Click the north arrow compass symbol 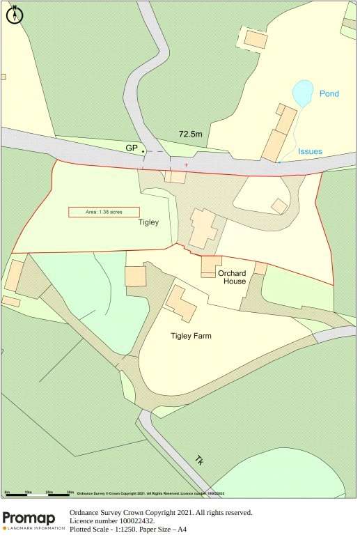[15, 15]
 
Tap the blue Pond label [329, 93]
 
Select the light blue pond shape [302, 93]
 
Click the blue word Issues [310, 151]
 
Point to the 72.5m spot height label [190, 134]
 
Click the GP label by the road [131, 148]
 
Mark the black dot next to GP [143, 151]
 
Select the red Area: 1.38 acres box [104, 212]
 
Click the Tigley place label [148, 223]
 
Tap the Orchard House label [232, 277]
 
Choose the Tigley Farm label [191, 336]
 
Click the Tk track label [199, 461]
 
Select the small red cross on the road [186, 165]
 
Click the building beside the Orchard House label [210, 265]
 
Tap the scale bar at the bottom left [39, 493]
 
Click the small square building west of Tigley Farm [135, 276]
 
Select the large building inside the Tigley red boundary [203, 227]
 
